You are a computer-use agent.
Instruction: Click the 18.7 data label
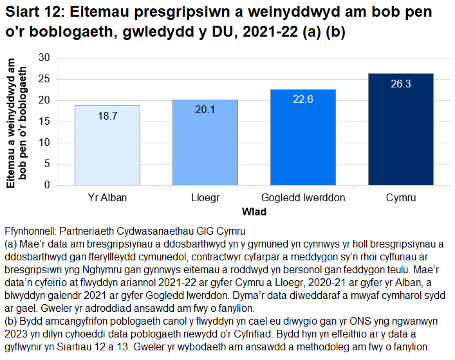point(107,116)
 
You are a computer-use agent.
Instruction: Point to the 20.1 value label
point(205,110)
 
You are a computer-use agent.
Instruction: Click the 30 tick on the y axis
point(44,57)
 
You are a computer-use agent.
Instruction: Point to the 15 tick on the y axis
point(44,121)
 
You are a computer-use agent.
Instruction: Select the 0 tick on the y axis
point(47,185)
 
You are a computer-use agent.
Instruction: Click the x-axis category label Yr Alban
point(107,198)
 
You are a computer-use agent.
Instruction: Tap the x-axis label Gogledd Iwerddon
point(303,198)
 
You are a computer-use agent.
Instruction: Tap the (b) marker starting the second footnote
point(10,322)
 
